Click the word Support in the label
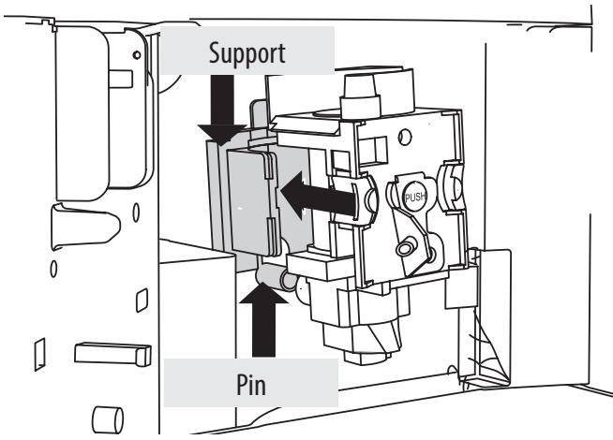point(247,54)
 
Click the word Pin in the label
point(251,385)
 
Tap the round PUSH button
point(415,197)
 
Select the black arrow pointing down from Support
point(222,110)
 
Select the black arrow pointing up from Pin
point(263,320)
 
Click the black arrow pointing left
point(319,196)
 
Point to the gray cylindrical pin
point(276,277)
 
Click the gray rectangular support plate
point(254,203)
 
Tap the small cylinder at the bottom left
point(108,420)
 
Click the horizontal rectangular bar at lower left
point(112,354)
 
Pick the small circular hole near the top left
point(137,55)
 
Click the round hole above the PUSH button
point(405,137)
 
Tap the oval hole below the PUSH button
point(405,248)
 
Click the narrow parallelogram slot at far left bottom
point(40,354)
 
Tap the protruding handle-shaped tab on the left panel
point(85,226)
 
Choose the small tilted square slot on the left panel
point(142,301)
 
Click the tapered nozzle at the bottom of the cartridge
point(362,344)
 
